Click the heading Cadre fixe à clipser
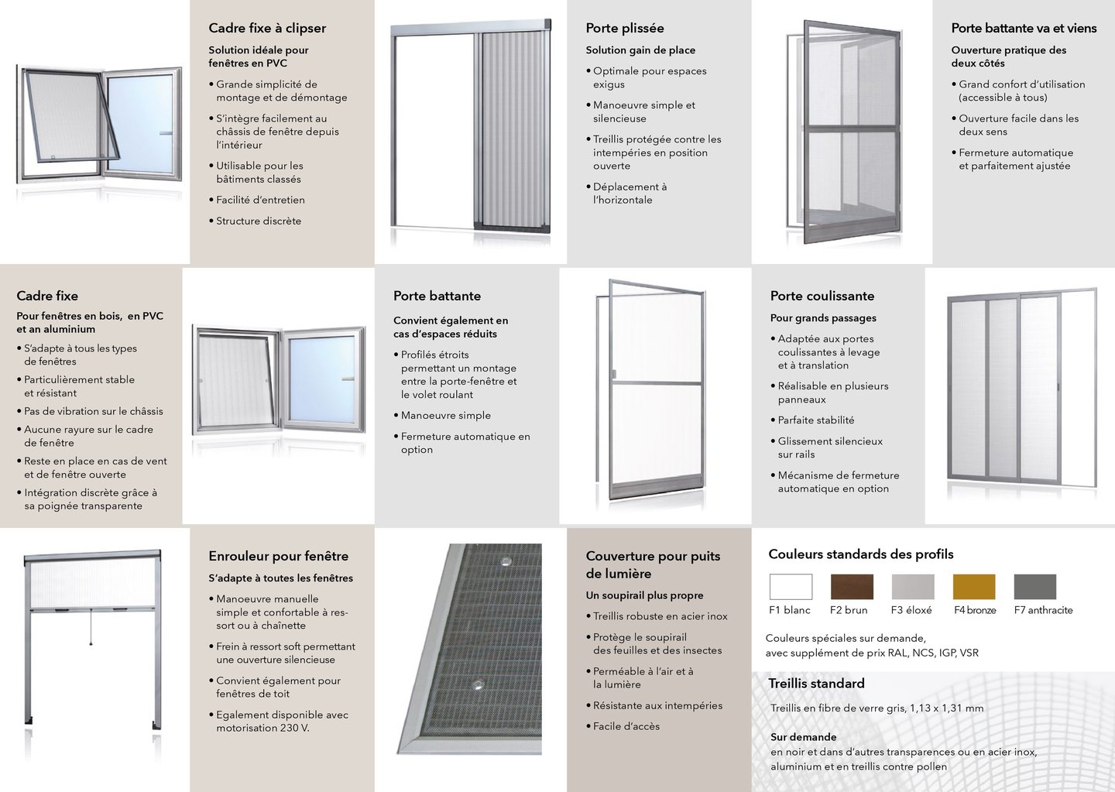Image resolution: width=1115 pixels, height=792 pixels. pyautogui.click(x=267, y=28)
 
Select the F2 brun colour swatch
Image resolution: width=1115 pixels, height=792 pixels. pyautogui.click(x=852, y=587)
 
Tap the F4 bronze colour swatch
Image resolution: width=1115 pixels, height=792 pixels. pyautogui.click(x=974, y=587)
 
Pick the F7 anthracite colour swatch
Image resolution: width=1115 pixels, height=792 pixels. pyautogui.click(x=1035, y=587)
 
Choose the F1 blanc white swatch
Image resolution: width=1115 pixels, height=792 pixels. pyautogui.click(x=791, y=587)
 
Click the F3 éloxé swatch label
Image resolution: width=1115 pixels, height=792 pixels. pyautogui.click(x=911, y=610)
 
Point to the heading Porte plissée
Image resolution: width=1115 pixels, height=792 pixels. pyautogui.click(x=625, y=28)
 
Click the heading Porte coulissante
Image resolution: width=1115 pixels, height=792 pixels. pyautogui.click(x=822, y=296)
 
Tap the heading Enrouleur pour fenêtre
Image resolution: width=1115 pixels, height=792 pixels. pyautogui.click(x=279, y=556)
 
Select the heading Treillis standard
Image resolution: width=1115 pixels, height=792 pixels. pyautogui.click(x=816, y=684)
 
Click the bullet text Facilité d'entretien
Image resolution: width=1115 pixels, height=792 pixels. pyautogui.click(x=260, y=200)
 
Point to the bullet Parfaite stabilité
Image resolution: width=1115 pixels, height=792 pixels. pyautogui.click(x=816, y=420)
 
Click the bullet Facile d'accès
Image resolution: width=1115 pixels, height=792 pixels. pyautogui.click(x=626, y=726)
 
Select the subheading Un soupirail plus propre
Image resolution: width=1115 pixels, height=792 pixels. pyautogui.click(x=645, y=595)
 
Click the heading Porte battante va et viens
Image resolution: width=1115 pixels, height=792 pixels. pyautogui.click(x=1024, y=28)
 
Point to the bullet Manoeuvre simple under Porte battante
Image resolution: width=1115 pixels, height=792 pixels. pyautogui.click(x=446, y=416)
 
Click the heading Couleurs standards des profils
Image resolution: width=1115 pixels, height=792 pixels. pyautogui.click(x=861, y=554)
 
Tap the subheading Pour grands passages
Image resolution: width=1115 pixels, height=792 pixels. pyautogui.click(x=823, y=318)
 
